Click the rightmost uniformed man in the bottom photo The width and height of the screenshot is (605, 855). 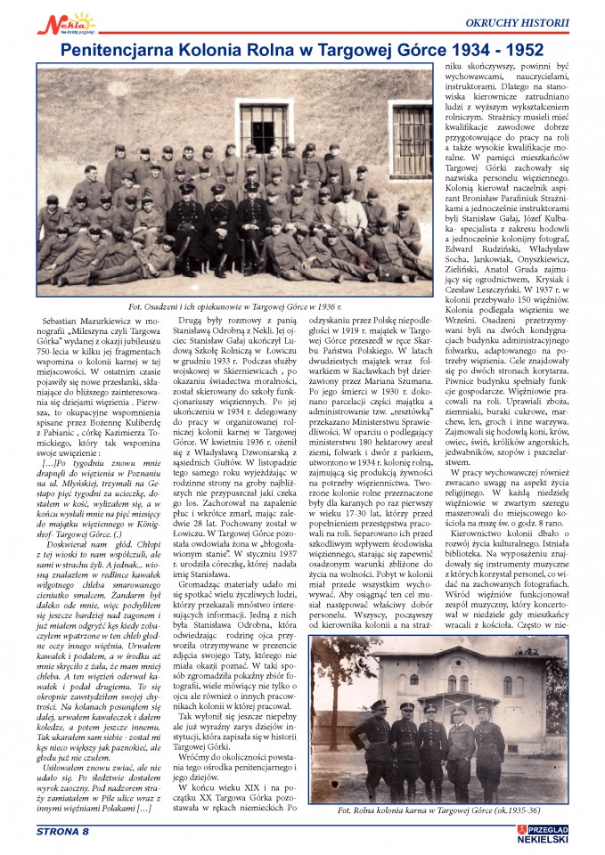[489, 748]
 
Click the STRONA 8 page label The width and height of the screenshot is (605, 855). [63, 832]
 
